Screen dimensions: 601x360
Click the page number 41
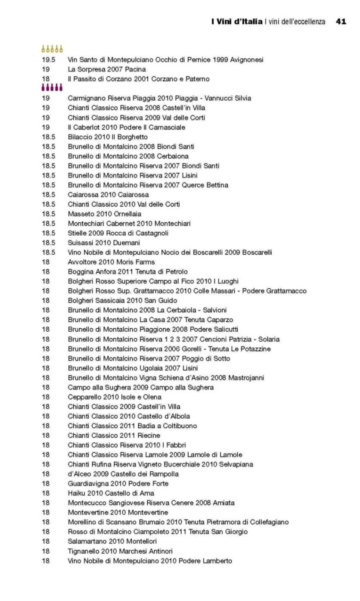(x=341, y=22)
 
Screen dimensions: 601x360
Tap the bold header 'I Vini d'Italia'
(x=237, y=22)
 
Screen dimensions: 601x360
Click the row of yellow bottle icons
(x=52, y=49)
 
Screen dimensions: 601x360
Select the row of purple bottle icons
(x=52, y=88)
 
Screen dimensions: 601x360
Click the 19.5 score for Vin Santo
(x=48, y=59)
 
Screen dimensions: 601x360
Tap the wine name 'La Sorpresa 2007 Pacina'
(x=107, y=69)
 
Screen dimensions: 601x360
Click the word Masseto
(x=81, y=214)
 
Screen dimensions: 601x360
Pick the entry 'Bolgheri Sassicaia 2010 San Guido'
(x=122, y=300)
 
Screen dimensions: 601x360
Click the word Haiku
(x=76, y=493)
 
